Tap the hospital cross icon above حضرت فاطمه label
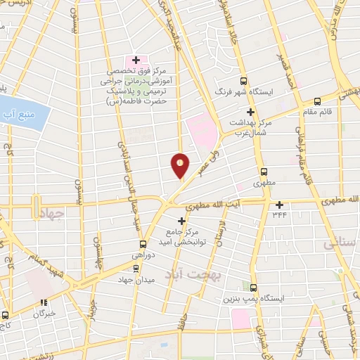tap(136, 61)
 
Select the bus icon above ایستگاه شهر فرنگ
tap(244, 81)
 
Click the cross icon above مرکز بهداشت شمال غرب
tap(250, 112)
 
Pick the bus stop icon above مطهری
tap(264, 171)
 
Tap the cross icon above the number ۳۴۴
tap(279, 205)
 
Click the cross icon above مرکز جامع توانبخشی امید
tap(181, 221)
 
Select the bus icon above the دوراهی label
tap(143, 244)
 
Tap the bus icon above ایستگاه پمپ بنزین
tap(254, 287)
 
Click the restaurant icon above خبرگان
tap(44, 302)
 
